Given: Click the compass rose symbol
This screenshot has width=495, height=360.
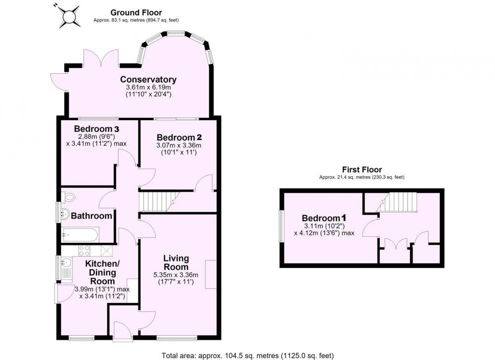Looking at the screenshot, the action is click(x=68, y=15).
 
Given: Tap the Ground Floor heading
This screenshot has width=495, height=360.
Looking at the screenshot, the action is click(x=136, y=13).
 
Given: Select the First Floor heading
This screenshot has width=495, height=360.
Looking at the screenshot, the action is click(x=362, y=169).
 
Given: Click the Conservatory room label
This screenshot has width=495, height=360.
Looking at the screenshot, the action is click(x=148, y=79).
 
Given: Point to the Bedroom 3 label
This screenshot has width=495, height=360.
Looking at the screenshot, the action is click(x=97, y=129).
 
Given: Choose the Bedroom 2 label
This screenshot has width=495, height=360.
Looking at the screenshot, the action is click(x=179, y=137).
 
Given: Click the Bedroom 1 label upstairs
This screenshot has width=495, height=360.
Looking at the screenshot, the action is click(x=324, y=218).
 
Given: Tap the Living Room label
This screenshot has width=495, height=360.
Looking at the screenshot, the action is click(x=176, y=262).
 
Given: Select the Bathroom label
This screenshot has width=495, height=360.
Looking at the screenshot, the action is click(x=92, y=216).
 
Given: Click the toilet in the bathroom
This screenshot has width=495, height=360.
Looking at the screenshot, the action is click(x=68, y=198).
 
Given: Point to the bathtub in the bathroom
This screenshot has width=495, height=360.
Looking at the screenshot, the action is click(x=80, y=234).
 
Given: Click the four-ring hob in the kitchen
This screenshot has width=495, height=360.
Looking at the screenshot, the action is click(x=84, y=251).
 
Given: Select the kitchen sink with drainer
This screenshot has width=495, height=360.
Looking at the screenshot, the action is click(x=67, y=269).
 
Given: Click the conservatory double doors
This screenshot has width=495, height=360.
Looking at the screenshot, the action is click(x=101, y=58).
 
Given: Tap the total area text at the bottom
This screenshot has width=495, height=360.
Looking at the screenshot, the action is click(x=248, y=356).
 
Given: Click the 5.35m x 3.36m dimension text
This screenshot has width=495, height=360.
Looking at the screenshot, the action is click(x=176, y=275).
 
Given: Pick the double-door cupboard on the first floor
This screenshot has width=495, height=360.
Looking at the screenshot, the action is click(x=396, y=251).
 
